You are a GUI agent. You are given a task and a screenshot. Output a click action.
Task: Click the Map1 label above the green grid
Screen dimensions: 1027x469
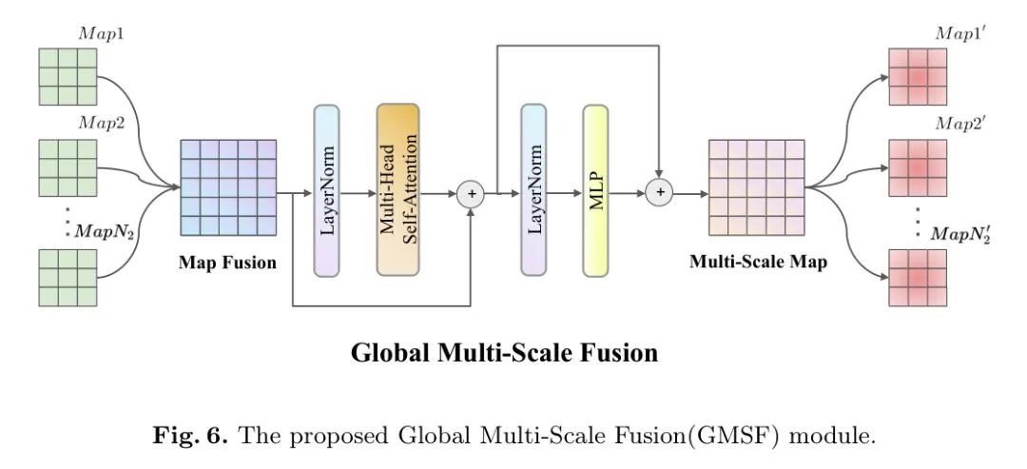(x=102, y=34)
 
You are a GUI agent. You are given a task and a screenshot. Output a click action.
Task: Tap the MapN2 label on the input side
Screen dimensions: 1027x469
(x=105, y=232)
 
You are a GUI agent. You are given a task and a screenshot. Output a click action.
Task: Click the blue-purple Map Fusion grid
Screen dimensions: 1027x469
(x=228, y=187)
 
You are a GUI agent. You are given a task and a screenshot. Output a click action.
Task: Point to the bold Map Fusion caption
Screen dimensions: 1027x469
(x=227, y=264)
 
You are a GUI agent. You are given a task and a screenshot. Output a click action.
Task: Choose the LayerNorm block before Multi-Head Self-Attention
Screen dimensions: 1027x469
(x=326, y=190)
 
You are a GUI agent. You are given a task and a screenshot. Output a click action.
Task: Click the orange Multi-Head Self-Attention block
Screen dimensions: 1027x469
(x=397, y=190)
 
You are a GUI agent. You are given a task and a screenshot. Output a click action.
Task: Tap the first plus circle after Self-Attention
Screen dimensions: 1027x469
(x=471, y=194)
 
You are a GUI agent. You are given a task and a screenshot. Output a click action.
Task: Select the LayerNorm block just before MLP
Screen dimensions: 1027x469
(x=533, y=190)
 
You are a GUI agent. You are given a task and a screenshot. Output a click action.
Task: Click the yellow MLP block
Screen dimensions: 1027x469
(x=595, y=190)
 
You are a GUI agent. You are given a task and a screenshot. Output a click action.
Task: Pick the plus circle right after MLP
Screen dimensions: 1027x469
(x=660, y=192)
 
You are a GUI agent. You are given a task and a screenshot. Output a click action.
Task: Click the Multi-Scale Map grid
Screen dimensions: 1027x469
(x=756, y=187)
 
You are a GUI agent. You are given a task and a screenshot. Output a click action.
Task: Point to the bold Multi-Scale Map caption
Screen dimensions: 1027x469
(x=758, y=263)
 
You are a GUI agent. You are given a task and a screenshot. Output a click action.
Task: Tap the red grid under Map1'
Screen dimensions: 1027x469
(x=918, y=77)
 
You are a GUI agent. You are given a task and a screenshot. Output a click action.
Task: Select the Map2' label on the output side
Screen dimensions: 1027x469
(x=959, y=125)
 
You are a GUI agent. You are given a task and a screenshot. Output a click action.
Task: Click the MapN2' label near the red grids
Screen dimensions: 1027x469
(x=960, y=234)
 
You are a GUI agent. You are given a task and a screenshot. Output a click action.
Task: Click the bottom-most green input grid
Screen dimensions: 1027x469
(x=68, y=278)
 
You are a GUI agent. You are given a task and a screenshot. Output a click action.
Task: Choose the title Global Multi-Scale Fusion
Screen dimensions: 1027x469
(x=504, y=353)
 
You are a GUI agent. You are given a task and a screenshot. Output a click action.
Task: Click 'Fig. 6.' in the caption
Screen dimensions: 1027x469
(x=190, y=435)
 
